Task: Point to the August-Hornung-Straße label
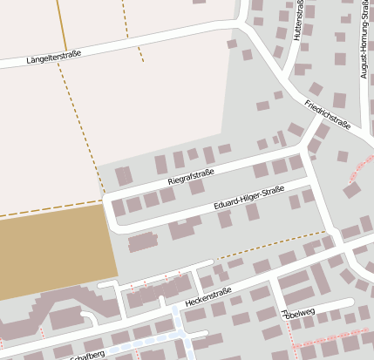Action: [364, 44]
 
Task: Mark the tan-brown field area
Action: [52, 253]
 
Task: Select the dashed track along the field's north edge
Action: [48, 208]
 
